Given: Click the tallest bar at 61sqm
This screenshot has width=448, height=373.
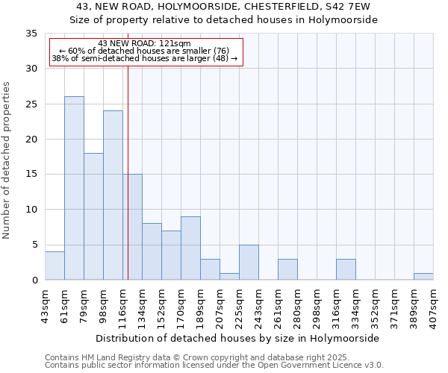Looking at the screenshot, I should click(74, 188).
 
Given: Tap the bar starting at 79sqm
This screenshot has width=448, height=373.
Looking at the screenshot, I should click(93, 216).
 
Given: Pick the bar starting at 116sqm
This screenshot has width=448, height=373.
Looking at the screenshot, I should click(132, 227).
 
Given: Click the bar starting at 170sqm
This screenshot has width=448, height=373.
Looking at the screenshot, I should click(190, 248).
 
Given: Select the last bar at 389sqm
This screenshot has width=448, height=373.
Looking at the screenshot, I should click(423, 276).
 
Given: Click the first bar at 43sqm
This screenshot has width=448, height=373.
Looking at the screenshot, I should click(55, 266).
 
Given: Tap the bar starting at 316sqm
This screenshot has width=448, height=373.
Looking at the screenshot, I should click(346, 269).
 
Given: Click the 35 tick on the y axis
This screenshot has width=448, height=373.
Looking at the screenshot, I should click(31, 34).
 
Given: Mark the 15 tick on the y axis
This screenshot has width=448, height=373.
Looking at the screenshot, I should click(31, 175).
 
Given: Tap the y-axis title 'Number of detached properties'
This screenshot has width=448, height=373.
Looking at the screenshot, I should click(9, 160).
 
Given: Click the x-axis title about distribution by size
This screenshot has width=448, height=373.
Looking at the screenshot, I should click(238, 338).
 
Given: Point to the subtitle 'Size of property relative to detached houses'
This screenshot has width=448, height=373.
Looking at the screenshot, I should click(223, 20).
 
